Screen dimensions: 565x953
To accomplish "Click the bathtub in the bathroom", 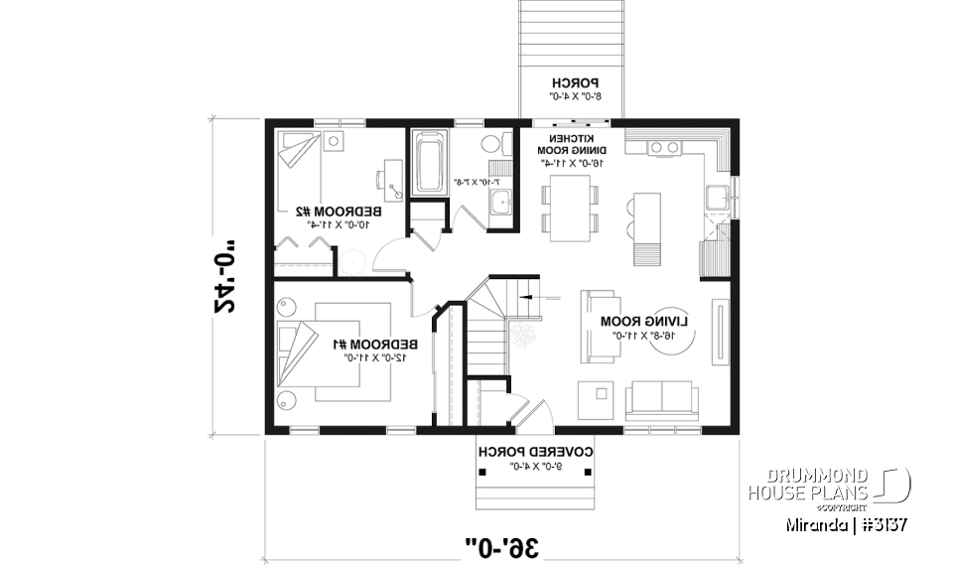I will coord(430,164).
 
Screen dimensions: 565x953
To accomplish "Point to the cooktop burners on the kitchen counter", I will coord(662,148).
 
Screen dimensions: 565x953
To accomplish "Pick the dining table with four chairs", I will coord(570,208).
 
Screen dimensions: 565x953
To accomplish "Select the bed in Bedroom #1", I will coord(319,352).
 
